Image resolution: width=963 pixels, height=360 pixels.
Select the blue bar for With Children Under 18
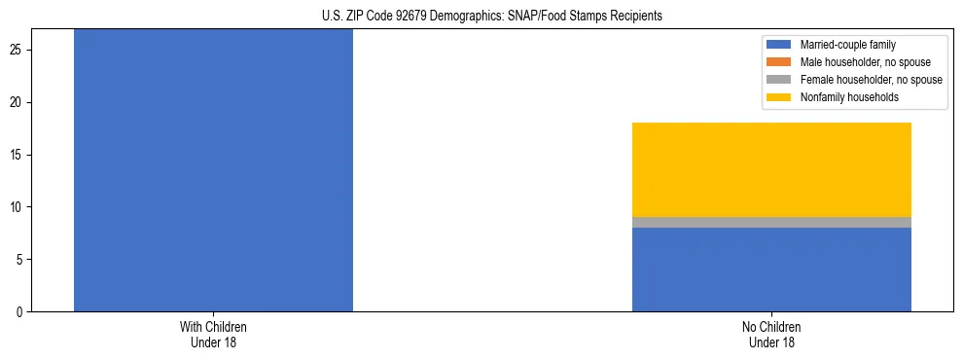(x=213, y=170)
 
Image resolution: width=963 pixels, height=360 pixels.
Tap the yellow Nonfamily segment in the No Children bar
(x=771, y=169)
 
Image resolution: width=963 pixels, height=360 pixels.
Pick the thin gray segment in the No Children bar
(x=771, y=222)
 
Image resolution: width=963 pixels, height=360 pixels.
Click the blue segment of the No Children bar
(x=771, y=270)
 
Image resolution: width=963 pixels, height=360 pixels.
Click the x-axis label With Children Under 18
(x=213, y=335)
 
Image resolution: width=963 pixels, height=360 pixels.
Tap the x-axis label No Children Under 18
(x=771, y=335)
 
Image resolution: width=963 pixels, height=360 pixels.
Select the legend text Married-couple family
(x=848, y=45)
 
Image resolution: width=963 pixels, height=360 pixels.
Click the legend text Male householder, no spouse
(x=865, y=62)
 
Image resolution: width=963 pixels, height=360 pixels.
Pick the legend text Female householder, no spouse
(x=871, y=80)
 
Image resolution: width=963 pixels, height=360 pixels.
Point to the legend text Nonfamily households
(x=849, y=97)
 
